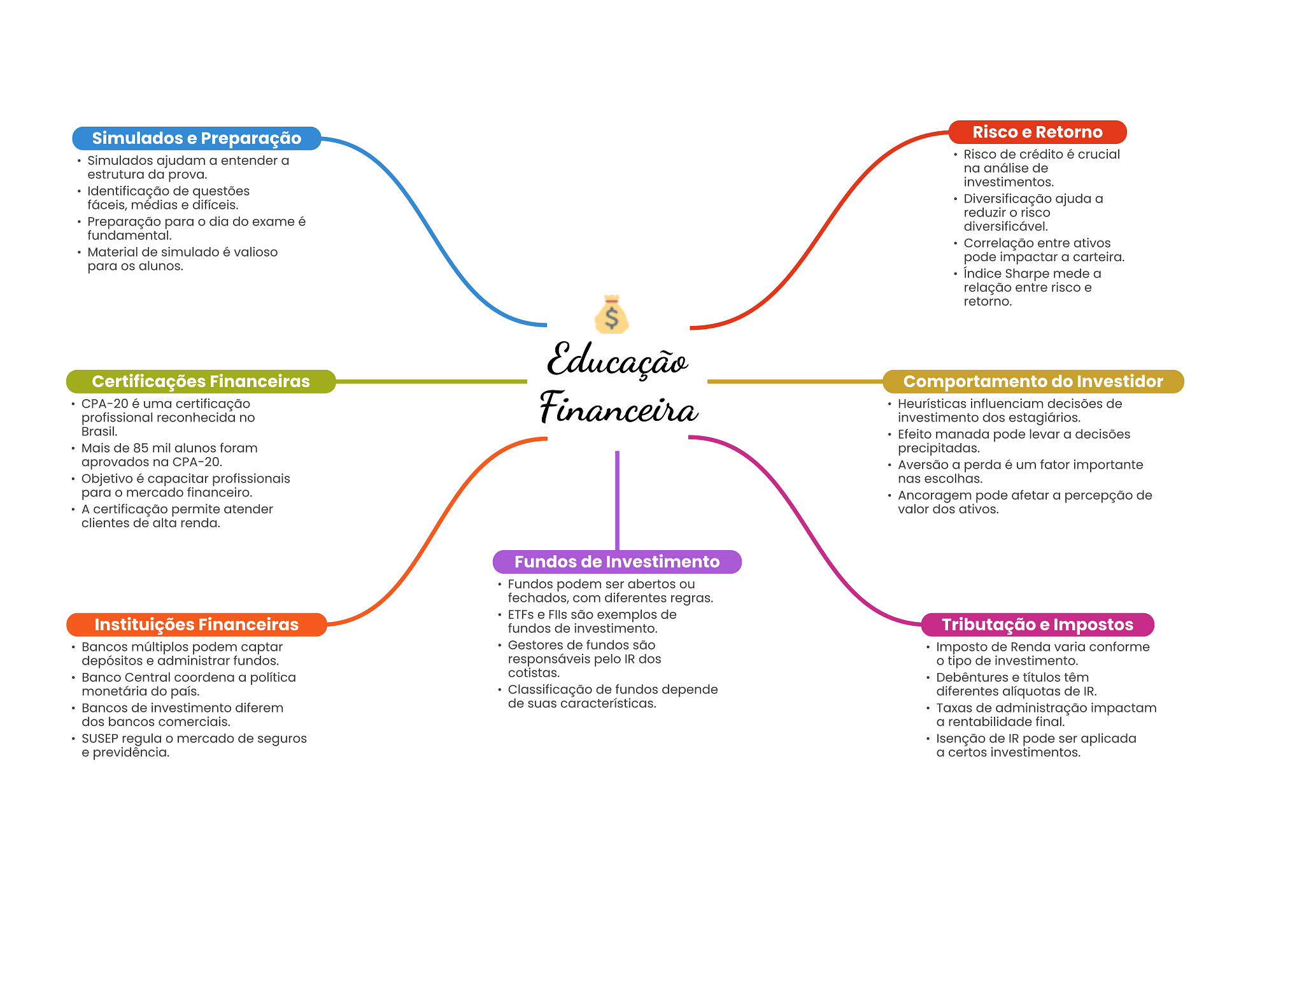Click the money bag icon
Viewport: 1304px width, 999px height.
coord(611,315)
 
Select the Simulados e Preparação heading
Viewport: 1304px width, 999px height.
coord(196,138)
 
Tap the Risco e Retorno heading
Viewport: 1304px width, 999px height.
coord(1037,132)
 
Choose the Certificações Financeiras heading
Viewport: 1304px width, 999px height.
coord(201,381)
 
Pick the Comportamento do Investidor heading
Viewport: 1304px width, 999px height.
coord(1033,381)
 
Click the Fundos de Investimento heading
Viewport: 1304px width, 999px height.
coord(617,562)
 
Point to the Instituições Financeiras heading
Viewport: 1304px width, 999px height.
coord(196,625)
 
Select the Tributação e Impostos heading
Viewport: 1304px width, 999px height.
coord(1037,625)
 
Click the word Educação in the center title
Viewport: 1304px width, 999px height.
coord(617,361)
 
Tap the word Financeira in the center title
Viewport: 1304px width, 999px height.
coord(618,409)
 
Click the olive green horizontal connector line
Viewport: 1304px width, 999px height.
coord(431,381)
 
